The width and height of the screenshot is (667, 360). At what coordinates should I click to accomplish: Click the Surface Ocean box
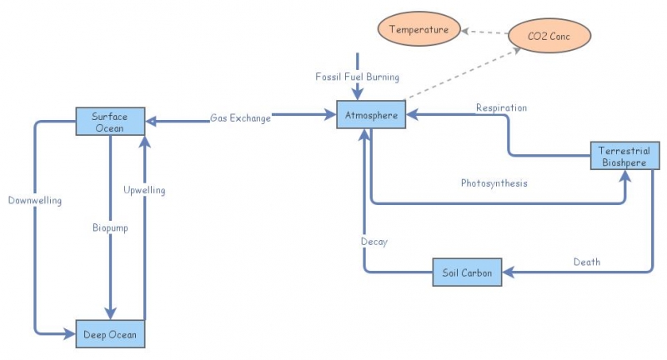click(x=110, y=122)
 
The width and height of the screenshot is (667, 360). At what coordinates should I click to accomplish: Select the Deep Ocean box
click(x=110, y=335)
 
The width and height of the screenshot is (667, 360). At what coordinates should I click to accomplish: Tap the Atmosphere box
click(x=371, y=115)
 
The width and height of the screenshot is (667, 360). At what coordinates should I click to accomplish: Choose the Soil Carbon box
click(x=467, y=272)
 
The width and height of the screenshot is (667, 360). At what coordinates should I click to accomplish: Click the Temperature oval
click(x=419, y=30)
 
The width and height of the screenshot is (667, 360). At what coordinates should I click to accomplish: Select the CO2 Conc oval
click(x=548, y=36)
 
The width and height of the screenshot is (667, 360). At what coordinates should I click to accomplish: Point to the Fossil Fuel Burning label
click(x=357, y=77)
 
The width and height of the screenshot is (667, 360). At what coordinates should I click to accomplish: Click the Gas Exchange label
click(x=240, y=118)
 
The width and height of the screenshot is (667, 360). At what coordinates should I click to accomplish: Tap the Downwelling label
click(x=35, y=200)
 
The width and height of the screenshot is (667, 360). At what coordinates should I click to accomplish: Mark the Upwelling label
click(x=144, y=190)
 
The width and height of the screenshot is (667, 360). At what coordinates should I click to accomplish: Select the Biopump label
click(x=109, y=227)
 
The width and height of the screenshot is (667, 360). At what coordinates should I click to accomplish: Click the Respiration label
click(x=501, y=107)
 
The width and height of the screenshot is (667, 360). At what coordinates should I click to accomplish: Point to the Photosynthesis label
click(x=494, y=182)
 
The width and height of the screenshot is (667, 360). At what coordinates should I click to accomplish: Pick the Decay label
click(x=374, y=242)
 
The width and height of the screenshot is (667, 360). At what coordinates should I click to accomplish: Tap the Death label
click(x=586, y=262)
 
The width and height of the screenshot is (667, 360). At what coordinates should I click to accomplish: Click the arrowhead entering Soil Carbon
click(x=509, y=272)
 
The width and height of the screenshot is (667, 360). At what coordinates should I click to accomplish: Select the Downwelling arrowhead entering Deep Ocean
click(x=70, y=334)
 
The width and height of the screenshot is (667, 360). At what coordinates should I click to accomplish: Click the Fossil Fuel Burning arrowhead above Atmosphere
click(x=358, y=95)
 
